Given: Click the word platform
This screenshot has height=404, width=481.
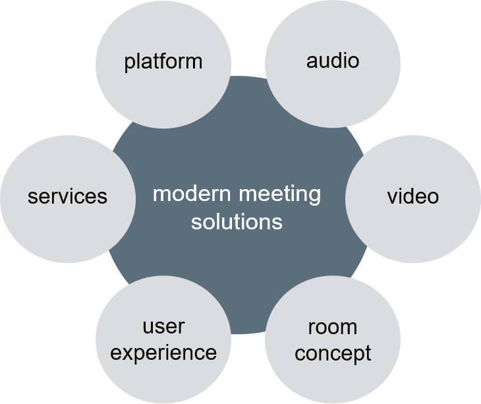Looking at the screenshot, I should pos(163,62).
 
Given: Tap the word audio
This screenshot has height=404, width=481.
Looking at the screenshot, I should pos(333,61).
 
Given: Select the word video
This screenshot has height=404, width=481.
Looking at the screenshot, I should pos(412,196).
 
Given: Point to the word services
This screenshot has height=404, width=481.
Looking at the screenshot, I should pos(67,196).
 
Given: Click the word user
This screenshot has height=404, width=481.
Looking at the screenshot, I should pos(163,327).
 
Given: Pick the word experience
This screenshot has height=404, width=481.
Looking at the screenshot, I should pos(163,353).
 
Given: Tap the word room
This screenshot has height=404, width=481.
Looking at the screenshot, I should pos(333,327).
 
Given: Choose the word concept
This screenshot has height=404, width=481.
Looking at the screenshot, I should pos(333,353).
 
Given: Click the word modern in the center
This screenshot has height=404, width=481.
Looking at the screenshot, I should pos(192,194).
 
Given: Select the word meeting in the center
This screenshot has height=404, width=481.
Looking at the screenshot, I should pos(280,195).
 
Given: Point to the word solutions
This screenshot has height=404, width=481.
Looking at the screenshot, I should pos(237,221).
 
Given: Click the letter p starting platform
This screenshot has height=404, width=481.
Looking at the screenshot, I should pos(128,63).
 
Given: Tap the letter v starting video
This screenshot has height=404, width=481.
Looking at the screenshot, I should pos(391,197).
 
